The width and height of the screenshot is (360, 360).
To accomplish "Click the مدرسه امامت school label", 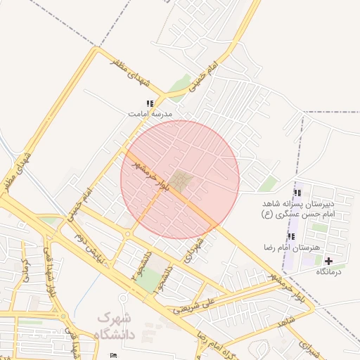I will (150, 113).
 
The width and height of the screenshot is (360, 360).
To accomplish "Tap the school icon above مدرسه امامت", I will (149, 103).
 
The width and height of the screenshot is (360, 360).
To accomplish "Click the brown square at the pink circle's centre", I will (181, 181).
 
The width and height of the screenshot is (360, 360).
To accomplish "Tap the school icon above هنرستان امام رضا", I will (291, 236).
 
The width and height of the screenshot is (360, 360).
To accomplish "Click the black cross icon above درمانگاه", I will (328, 261).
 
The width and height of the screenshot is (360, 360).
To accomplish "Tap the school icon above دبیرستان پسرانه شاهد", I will (297, 193).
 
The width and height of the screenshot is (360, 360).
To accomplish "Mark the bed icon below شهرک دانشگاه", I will (115, 356).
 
